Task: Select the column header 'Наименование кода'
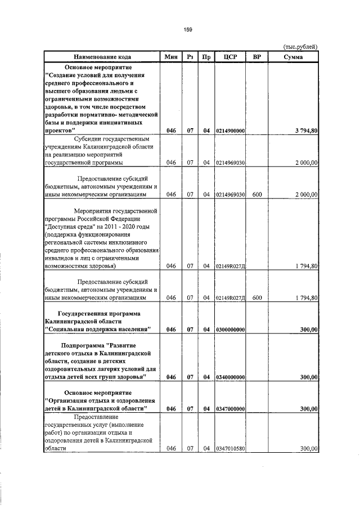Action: [x=102, y=57]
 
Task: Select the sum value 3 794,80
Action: [x=307, y=130]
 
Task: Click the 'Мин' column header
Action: [x=172, y=57]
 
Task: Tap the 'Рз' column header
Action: [x=191, y=57]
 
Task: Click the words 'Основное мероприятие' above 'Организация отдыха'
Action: [x=97, y=391]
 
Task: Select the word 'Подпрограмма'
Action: [x=85, y=344]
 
